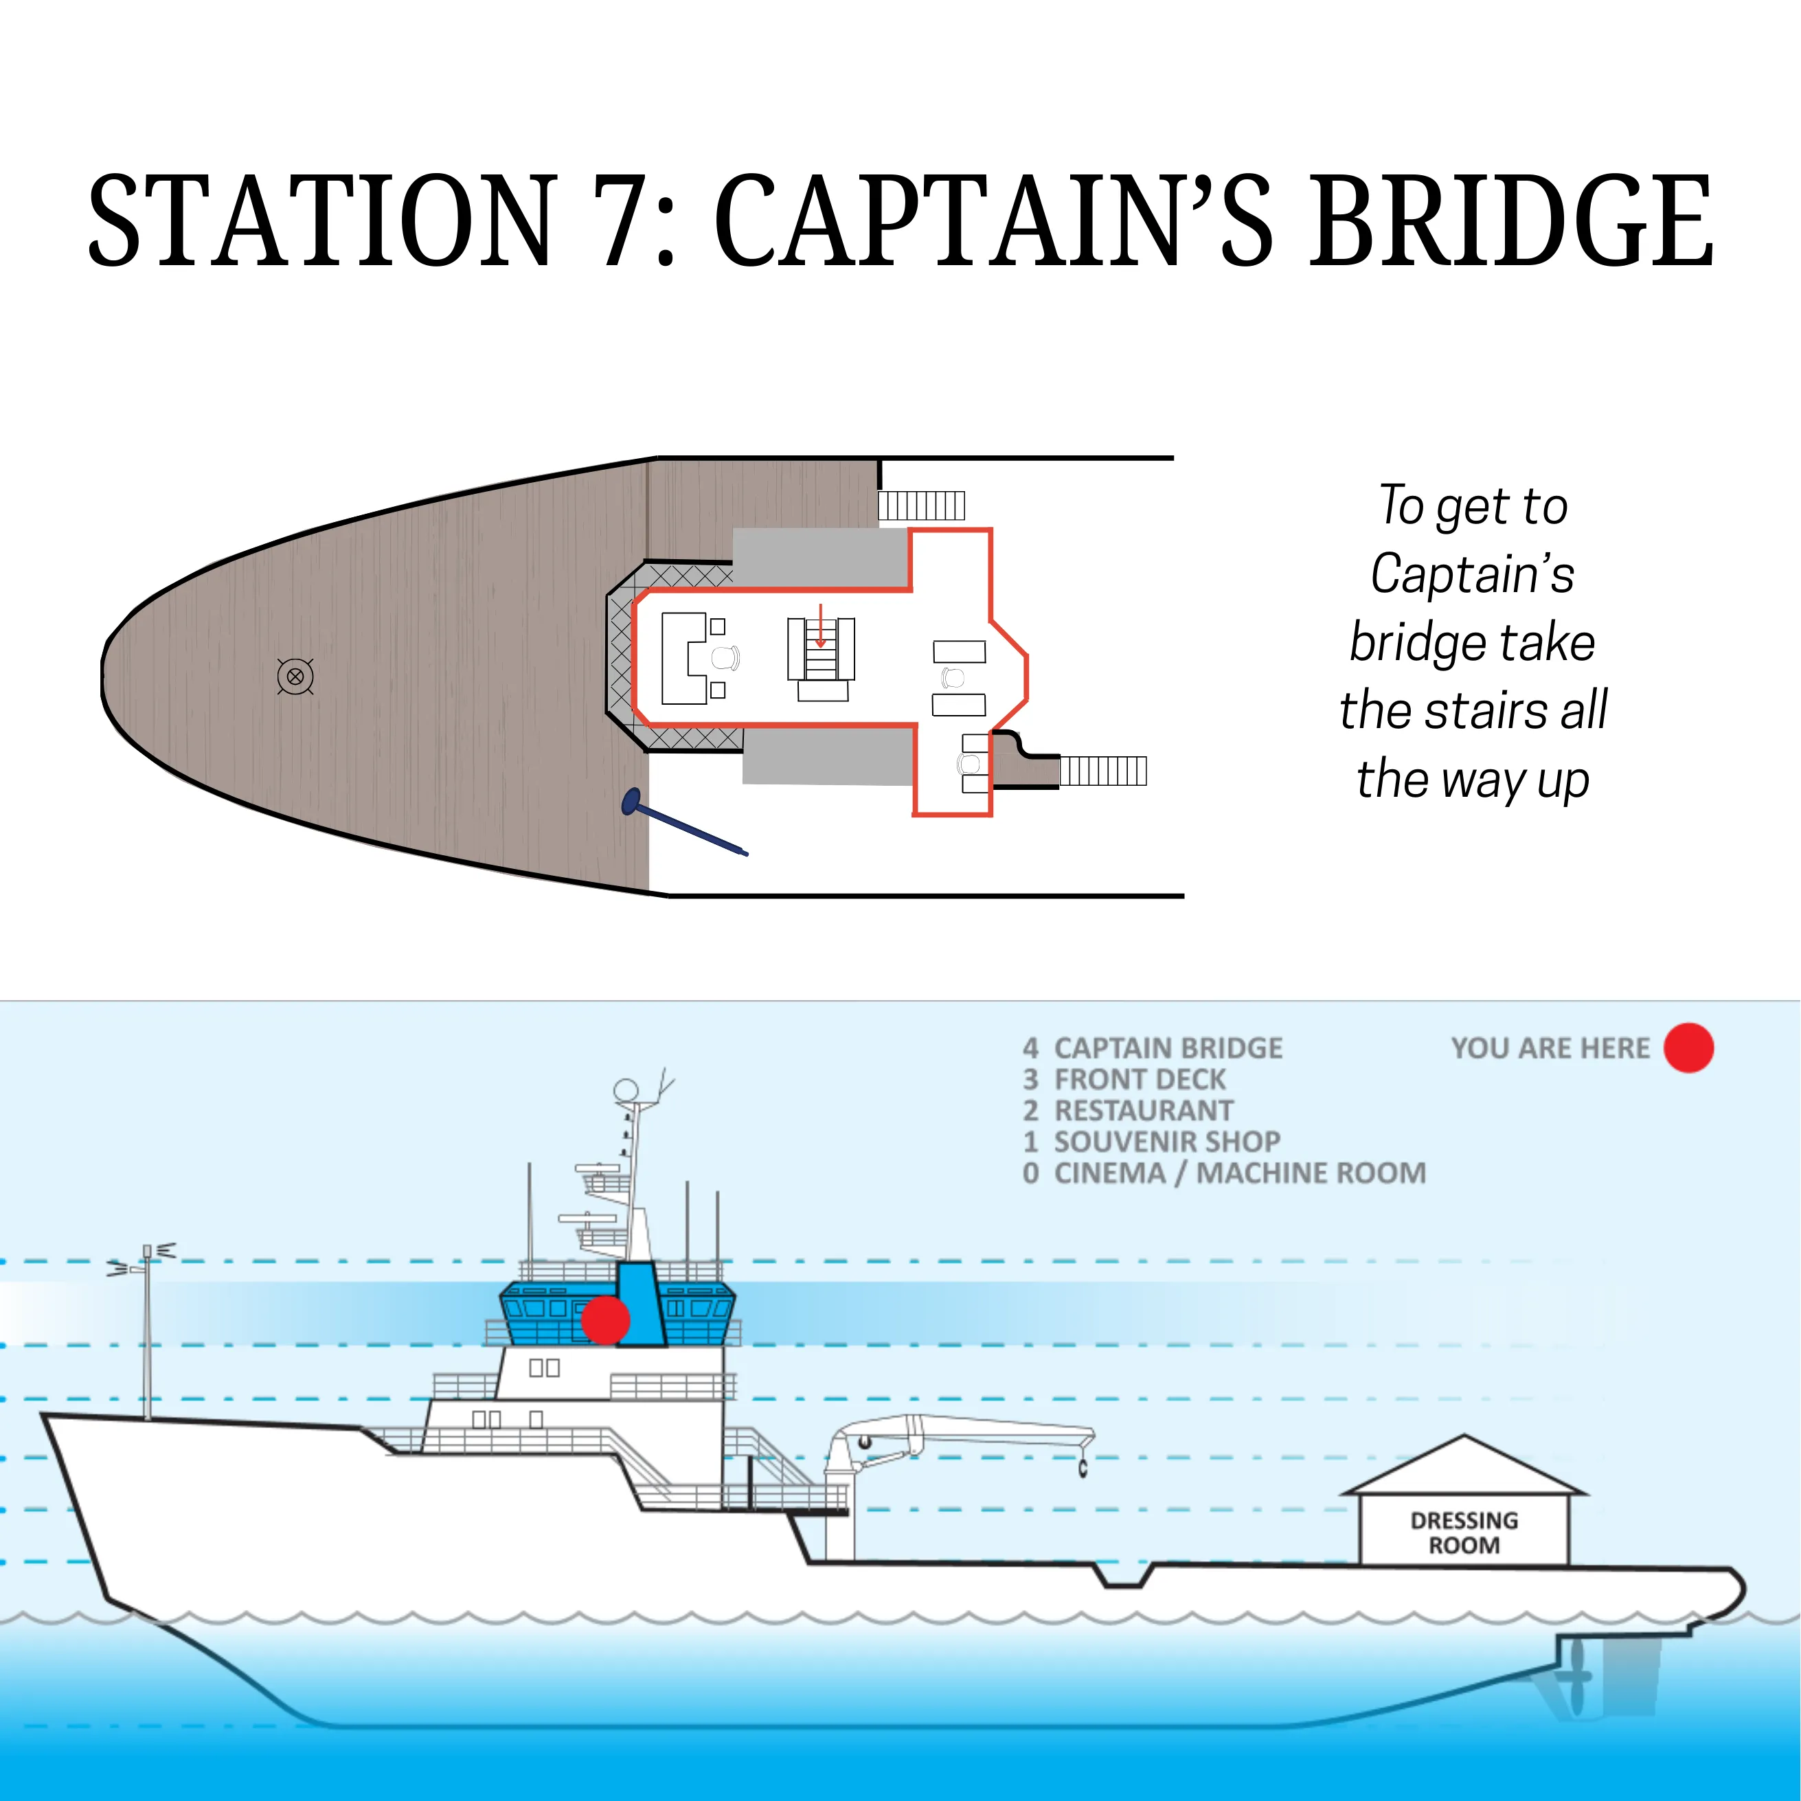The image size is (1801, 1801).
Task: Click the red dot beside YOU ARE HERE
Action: (x=1688, y=1047)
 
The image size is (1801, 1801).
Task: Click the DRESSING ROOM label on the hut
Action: (x=1464, y=1532)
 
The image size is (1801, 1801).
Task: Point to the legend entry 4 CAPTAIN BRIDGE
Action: (x=1152, y=1047)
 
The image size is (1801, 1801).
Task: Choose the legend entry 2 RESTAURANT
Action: (x=1128, y=1110)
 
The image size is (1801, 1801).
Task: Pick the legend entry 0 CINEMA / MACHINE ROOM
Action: (x=1224, y=1173)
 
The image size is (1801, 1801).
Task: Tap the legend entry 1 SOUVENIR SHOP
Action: (x=1151, y=1141)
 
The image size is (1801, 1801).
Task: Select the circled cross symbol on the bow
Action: (x=295, y=677)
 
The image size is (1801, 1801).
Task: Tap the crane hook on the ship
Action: (x=1083, y=1469)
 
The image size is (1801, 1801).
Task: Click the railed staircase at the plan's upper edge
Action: (x=921, y=506)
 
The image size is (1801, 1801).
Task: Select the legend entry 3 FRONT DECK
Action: (x=1124, y=1080)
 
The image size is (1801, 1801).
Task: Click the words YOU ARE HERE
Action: (x=1550, y=1047)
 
